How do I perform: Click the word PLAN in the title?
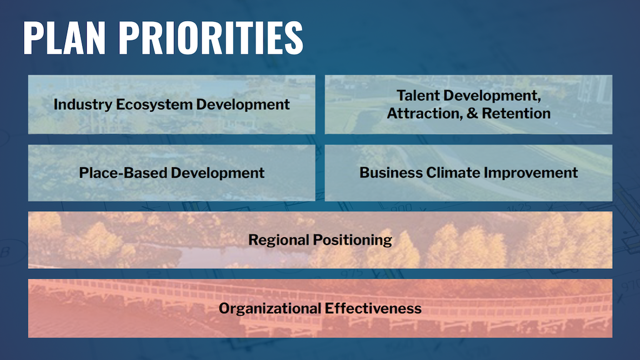coord(64,38)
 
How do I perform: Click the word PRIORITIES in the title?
coord(211,38)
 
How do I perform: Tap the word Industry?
coord(83,104)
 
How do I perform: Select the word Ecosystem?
coord(154,105)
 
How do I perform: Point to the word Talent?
coord(418,96)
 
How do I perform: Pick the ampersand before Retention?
coord(472,113)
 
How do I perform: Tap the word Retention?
coord(516,113)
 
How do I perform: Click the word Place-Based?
coord(123,173)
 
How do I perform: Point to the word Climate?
coord(453,173)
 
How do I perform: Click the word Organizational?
coord(269,308)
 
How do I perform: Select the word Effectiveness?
coord(372,308)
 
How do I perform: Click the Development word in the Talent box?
coord(491,96)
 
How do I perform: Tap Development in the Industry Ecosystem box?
coord(243,105)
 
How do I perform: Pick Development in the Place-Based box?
coord(218,173)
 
